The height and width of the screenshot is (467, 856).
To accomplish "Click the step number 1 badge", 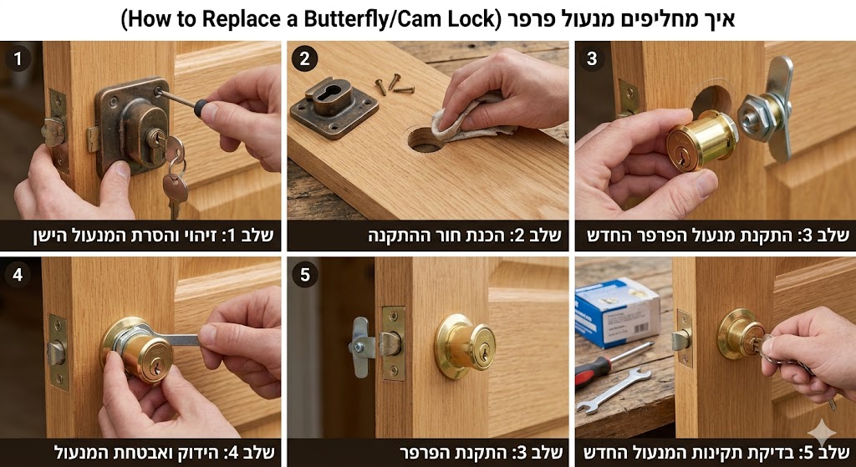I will [x=17, y=58].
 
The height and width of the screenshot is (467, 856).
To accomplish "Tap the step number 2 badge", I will [x=304, y=58].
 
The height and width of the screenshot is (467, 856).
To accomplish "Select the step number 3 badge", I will [x=592, y=58].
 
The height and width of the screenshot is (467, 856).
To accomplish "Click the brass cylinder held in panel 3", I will [x=701, y=139].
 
